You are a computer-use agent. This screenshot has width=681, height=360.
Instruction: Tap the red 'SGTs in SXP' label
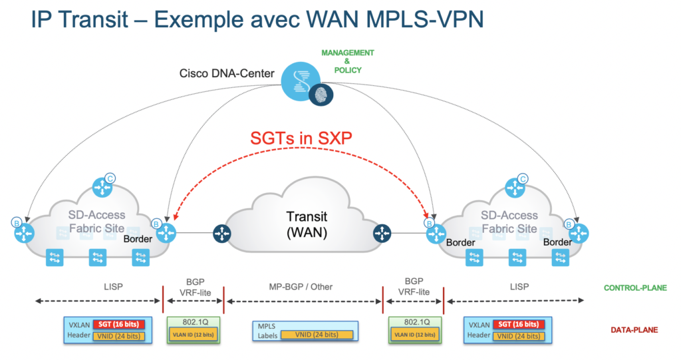point(302,138)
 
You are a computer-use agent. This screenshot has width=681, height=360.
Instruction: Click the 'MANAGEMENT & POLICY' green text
point(347,61)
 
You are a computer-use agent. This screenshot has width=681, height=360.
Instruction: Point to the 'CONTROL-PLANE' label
point(635,288)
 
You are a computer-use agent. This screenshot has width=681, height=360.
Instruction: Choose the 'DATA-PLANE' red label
point(634,330)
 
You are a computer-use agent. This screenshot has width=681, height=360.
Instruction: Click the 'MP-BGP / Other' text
point(303,287)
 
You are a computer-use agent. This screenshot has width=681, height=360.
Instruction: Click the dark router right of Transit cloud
point(382,233)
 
